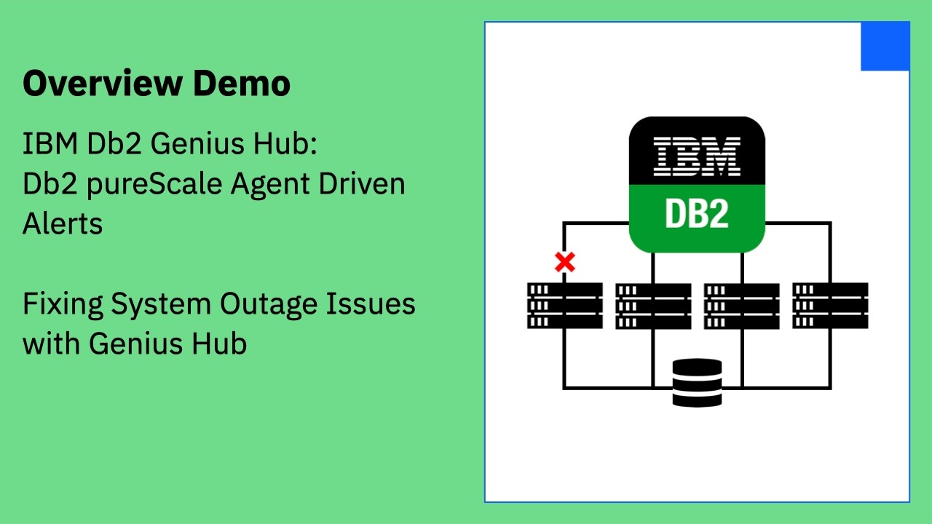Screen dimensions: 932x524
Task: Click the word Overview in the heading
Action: pos(103,83)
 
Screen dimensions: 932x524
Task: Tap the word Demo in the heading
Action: pos(242,83)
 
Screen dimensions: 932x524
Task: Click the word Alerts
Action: pos(63,223)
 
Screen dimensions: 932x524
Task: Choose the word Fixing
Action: pos(63,304)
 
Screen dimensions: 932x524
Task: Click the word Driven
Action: pos(362,183)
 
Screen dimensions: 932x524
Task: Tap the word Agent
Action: pos(270,185)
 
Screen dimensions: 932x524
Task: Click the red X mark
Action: pos(565,262)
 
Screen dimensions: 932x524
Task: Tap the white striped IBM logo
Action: pos(697,156)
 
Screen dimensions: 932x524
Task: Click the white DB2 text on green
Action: pos(697,213)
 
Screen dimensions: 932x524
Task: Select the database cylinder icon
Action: pos(697,383)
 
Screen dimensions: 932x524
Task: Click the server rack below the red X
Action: pos(565,306)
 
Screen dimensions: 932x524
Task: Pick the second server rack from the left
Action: pos(653,306)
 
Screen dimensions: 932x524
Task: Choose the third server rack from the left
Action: pos(741,306)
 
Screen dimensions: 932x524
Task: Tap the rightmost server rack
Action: pos(830,306)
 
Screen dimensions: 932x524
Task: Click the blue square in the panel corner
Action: pos(885,46)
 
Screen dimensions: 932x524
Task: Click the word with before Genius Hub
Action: pos(51,344)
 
